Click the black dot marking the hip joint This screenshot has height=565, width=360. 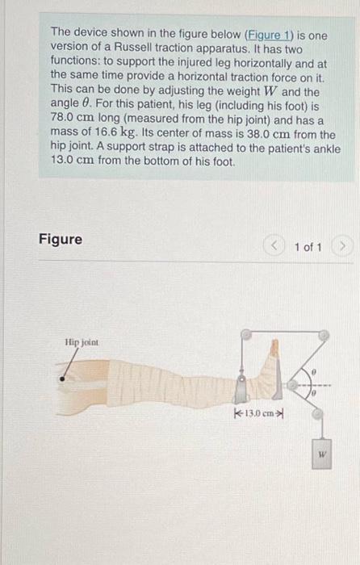tap(63, 378)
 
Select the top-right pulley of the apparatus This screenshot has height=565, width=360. tap(322, 333)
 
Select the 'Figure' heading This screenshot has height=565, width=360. tap(61, 239)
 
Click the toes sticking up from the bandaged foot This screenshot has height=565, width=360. tap(274, 348)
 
